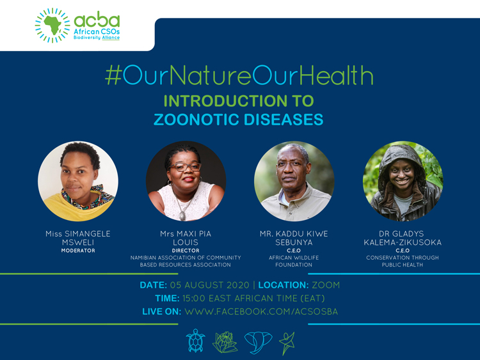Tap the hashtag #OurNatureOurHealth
coord(239,76)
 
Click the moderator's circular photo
coord(77,181)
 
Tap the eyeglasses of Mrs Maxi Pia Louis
coord(185,167)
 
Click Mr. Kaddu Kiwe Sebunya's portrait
coord(294,181)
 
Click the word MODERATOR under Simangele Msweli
coord(77,251)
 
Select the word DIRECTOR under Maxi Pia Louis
coord(186,251)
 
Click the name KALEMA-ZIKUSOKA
coord(403,242)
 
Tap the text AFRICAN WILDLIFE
coord(294,258)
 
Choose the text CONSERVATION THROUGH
coord(403,258)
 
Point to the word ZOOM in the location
coord(326,285)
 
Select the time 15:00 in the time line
coord(195,298)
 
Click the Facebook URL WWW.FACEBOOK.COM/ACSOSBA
coord(261,311)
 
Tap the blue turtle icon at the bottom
coord(195,341)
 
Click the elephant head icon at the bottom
coord(258,341)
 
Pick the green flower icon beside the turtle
coord(225,341)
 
